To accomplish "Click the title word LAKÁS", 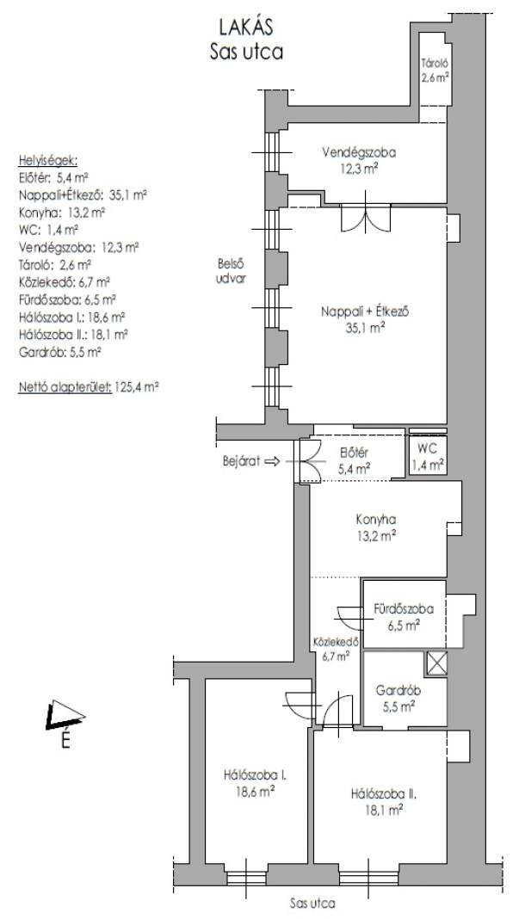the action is (x=246, y=27).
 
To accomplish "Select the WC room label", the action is (x=427, y=457).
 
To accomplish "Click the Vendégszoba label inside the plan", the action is (x=359, y=159).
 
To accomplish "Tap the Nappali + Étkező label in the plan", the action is (x=364, y=319).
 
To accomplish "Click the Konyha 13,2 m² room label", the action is (x=375, y=527).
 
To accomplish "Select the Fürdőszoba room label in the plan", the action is (x=404, y=617).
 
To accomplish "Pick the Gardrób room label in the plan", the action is (x=398, y=698).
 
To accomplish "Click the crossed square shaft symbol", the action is (x=437, y=663).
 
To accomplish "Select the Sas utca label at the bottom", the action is (x=313, y=904).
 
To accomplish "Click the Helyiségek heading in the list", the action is (x=48, y=161).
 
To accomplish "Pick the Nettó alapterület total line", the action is (x=89, y=387).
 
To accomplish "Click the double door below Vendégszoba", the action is (x=367, y=218).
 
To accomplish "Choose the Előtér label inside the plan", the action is (x=354, y=460).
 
